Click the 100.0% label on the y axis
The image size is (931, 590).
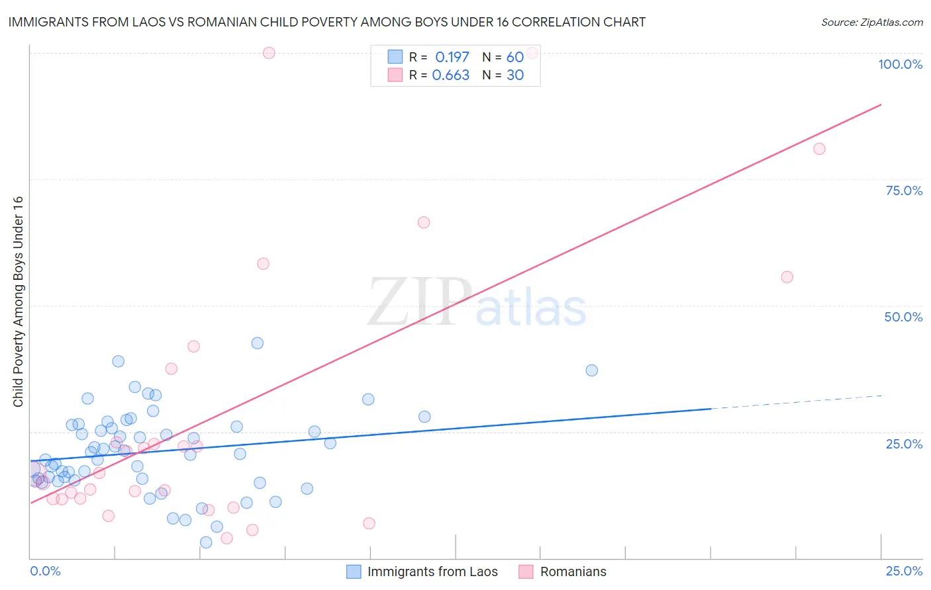[x=900, y=64]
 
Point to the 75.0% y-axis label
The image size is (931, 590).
[x=904, y=190]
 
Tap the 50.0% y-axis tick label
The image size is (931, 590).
[x=903, y=317]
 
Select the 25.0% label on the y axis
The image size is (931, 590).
[x=904, y=443]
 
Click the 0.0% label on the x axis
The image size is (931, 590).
[x=45, y=571]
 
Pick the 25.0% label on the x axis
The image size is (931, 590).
[x=904, y=571]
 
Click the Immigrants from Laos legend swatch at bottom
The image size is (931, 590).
[x=354, y=571]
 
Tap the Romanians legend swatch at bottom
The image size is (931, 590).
[x=526, y=571]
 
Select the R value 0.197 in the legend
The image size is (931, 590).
[x=452, y=58]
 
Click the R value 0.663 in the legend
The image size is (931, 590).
[x=450, y=75]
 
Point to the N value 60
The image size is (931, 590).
[x=515, y=58]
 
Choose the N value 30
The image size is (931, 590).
[x=515, y=75]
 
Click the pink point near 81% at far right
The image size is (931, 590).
[x=819, y=149]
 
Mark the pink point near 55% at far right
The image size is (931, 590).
[x=787, y=277]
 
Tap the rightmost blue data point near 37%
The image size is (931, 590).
[x=592, y=370]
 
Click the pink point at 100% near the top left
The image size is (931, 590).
[x=269, y=53]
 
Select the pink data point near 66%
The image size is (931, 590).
[x=424, y=222]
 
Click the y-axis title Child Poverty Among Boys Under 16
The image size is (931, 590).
[x=18, y=302]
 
